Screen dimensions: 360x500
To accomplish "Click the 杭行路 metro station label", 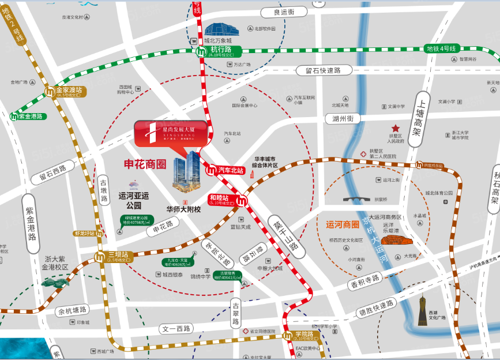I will (221, 51).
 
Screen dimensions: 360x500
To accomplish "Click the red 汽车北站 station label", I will (231, 170).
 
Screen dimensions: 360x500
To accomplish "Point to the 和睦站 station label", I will (221, 200).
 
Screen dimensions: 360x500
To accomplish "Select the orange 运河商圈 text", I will (343, 224).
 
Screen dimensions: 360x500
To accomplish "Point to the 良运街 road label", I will (284, 12).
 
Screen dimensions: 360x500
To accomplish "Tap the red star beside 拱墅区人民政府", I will (396, 128).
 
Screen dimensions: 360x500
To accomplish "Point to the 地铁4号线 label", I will (441, 48).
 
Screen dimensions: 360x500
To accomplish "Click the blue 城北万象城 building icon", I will (217, 30).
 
